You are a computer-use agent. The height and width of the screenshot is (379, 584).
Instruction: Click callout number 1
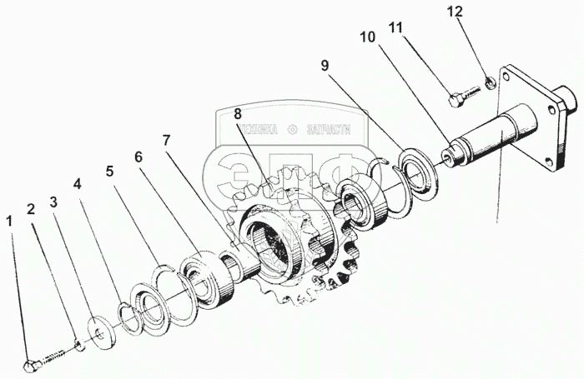pyautogui.click(x=9, y=221)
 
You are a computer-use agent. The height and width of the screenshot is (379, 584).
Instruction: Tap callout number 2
pyautogui.click(x=31, y=208)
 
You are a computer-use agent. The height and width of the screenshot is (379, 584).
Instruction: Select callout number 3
pyautogui.click(x=53, y=202)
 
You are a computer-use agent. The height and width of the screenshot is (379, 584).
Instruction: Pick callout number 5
pyautogui.click(x=108, y=172)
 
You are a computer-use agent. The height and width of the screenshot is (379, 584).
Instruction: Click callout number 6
pyautogui.click(x=138, y=156)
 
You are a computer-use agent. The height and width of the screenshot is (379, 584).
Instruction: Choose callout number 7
pyautogui.click(x=167, y=140)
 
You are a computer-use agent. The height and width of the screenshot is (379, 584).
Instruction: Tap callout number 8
pyautogui.click(x=238, y=112)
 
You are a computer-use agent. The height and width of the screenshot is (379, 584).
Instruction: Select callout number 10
pyautogui.click(x=368, y=37)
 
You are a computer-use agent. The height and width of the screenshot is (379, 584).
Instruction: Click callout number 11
pyautogui.click(x=396, y=27)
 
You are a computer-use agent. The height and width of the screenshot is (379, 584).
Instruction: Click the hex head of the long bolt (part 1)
pyautogui.click(x=32, y=365)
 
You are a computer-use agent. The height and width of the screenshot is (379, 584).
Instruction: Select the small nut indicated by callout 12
pyautogui.click(x=490, y=83)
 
